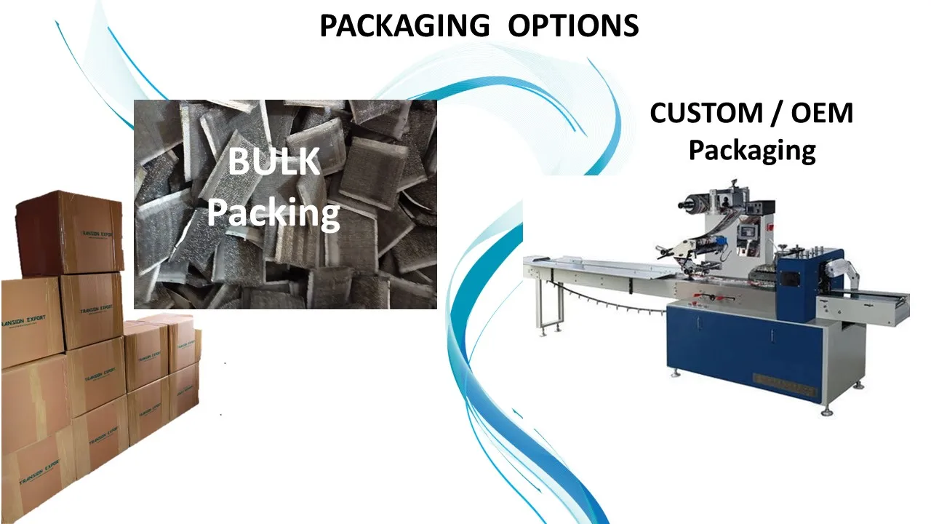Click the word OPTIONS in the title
(x=573, y=26)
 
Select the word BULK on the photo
(x=273, y=162)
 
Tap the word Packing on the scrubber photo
(x=273, y=213)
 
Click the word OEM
(x=819, y=114)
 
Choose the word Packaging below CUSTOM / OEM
(x=752, y=151)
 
